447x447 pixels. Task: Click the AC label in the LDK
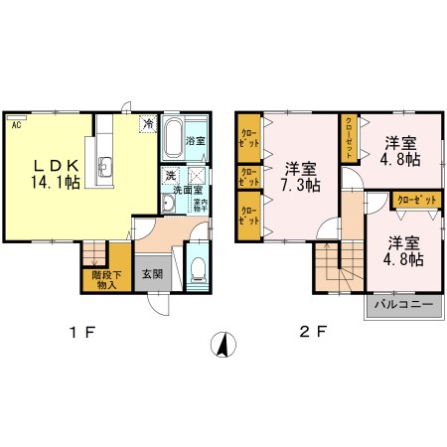click(16, 125)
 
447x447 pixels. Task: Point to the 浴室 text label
click(196, 142)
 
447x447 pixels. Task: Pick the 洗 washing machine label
click(170, 176)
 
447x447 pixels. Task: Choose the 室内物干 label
click(200, 206)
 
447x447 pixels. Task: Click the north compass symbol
click(226, 345)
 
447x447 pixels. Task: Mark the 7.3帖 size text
click(299, 184)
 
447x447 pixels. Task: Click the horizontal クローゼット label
click(415, 200)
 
